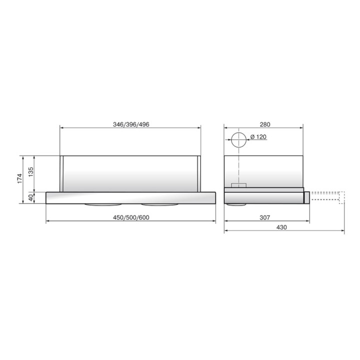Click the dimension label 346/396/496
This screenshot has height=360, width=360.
pos(131,124)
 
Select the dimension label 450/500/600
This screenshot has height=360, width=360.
pos(131,217)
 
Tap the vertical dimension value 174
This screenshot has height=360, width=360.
pos(19,178)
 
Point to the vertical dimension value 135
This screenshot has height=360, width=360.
pos(31,172)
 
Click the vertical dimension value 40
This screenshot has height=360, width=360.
pos(31,197)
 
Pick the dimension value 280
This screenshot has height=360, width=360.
pos(265,124)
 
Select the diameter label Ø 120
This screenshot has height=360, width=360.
pos(258,137)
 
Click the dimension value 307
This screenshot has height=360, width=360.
pos(264,217)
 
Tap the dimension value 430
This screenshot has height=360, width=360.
pos(281,227)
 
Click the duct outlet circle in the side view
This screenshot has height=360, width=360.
pos(239,132)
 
